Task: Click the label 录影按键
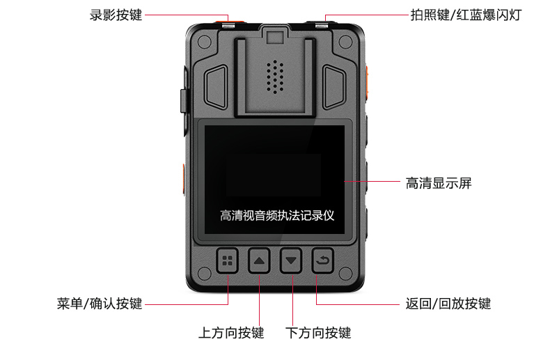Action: click(116, 15)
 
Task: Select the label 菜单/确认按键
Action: click(100, 304)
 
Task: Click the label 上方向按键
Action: click(231, 333)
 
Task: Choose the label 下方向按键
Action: click(318, 333)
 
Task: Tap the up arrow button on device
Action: click(259, 262)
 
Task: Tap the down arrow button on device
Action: click(292, 262)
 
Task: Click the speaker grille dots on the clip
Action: click(276, 75)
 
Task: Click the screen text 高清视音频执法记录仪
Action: click(277, 215)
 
